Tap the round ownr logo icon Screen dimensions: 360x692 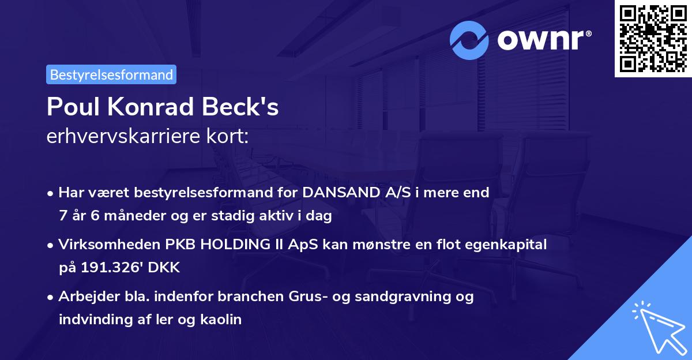pos(469,40)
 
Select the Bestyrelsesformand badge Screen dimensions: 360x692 pos(111,74)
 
